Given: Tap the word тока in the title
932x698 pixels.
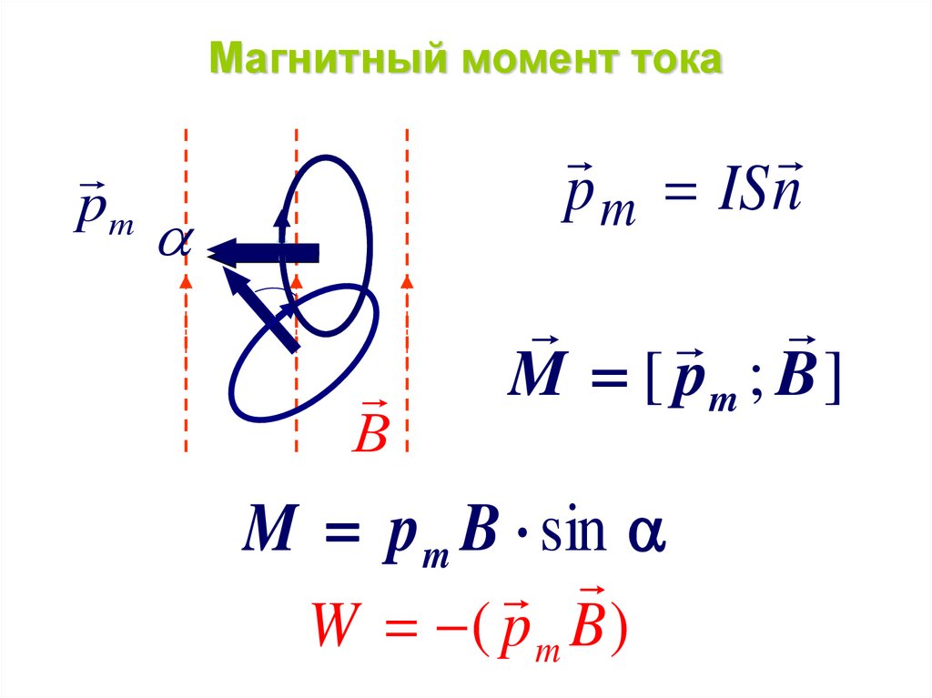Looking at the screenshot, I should (x=674, y=63).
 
